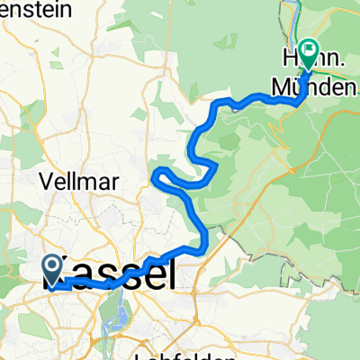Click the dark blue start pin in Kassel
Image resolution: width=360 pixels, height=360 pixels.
click(x=51, y=267)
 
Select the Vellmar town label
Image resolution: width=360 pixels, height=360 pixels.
click(x=79, y=180)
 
